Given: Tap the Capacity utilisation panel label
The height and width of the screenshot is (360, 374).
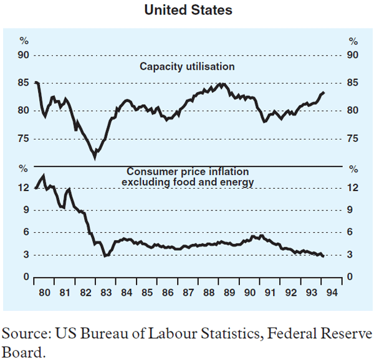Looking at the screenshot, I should coord(187,66).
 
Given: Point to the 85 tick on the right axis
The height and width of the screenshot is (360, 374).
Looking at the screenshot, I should coord(353,82).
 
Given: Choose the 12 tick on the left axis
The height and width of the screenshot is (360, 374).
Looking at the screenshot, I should coord(24,187).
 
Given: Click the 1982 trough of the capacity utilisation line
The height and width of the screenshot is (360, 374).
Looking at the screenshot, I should coord(95,157).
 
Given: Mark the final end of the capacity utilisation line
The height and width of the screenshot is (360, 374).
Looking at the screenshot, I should coord(325,92).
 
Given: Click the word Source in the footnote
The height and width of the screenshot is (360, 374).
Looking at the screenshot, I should coord(21,334).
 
